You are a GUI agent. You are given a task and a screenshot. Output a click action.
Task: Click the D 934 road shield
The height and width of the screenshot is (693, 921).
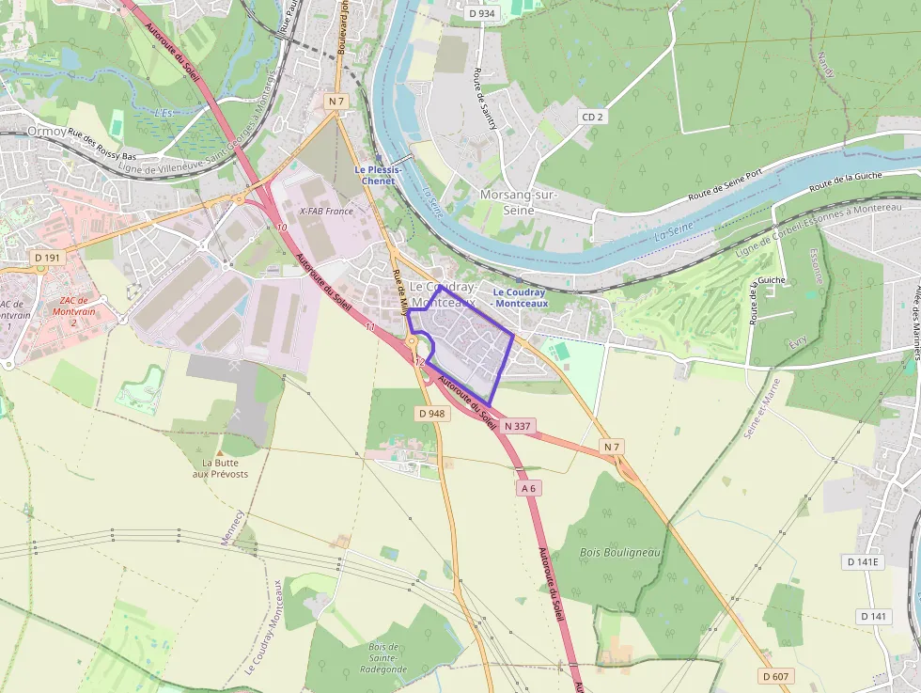coord(480,13)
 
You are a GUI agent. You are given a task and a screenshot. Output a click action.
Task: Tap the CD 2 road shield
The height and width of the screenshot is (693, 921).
coord(592,117)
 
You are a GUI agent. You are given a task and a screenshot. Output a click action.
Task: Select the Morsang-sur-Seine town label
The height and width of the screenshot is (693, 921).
coord(520,202)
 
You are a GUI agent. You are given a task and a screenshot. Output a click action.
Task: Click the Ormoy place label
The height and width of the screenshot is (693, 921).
coord(46,132)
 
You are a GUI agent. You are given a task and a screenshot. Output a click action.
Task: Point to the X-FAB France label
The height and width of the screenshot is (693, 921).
coord(326,212)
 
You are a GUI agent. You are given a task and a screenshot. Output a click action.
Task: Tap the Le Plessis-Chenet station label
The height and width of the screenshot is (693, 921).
coord(378,175)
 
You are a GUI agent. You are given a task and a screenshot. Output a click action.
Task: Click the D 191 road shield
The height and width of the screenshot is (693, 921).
coord(46,257)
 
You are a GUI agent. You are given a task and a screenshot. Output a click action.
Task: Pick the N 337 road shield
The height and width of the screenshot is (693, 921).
coord(518,426)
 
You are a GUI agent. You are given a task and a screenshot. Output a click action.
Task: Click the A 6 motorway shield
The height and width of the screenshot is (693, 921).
coord(529,488)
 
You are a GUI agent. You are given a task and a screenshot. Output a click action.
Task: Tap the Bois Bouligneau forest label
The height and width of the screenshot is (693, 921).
coord(620,552)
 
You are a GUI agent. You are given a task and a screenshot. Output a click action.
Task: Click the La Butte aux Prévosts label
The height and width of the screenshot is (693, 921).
coord(226,468)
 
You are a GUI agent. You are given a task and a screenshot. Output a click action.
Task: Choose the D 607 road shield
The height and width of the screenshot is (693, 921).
coord(775,676)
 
